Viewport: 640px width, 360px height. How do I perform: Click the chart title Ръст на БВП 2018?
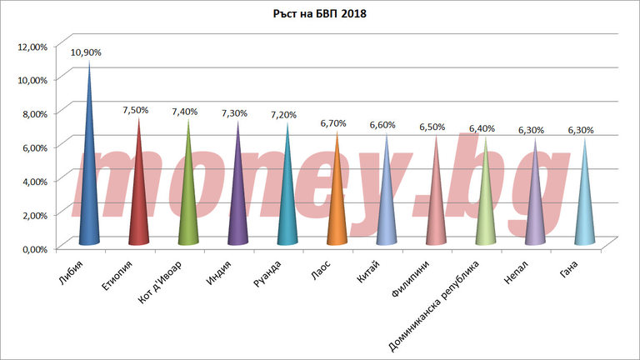tap(320, 14)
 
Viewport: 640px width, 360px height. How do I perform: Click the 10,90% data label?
tap(86, 52)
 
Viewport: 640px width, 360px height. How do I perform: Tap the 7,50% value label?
tap(136, 110)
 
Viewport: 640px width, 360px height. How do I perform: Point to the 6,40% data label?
tap(482, 128)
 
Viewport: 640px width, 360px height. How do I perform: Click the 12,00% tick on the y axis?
tap(32, 45)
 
